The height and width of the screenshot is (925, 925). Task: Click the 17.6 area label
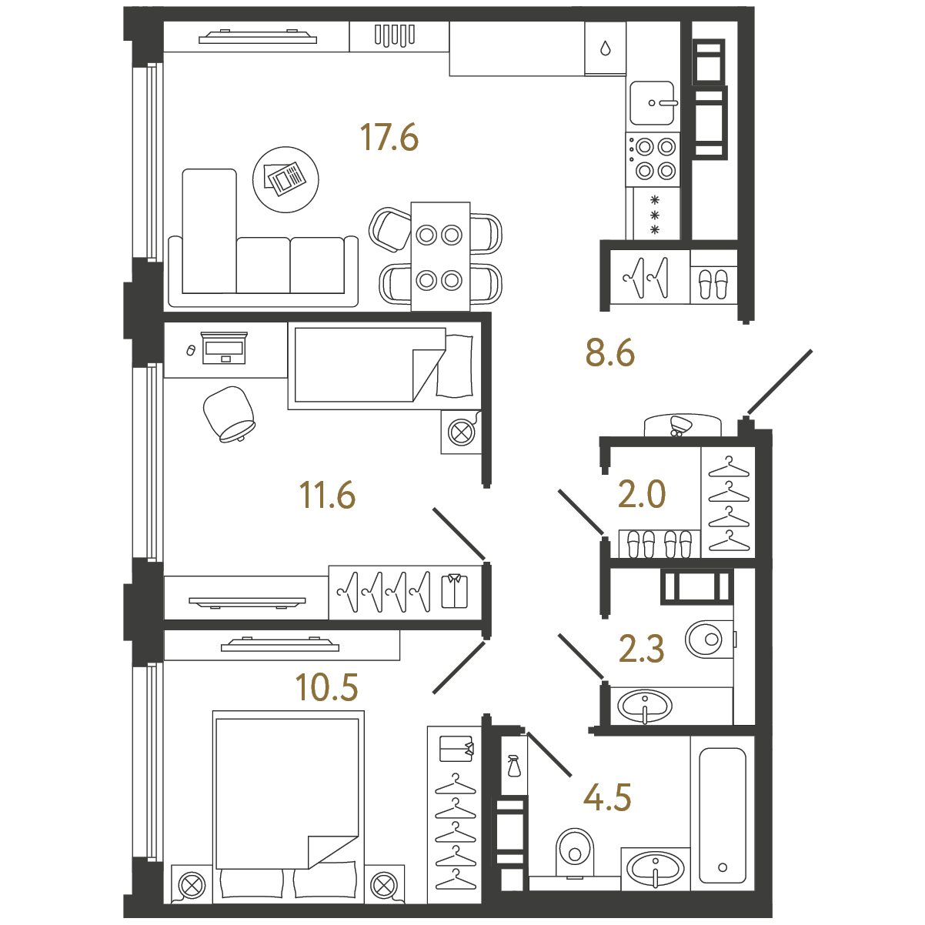point(389,137)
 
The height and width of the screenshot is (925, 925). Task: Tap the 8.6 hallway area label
point(610,352)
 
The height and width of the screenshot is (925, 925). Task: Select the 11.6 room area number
point(327,495)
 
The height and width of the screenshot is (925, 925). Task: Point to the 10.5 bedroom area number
point(327,687)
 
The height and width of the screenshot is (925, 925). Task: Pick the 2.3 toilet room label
point(641,649)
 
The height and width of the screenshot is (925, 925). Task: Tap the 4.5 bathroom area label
point(607,797)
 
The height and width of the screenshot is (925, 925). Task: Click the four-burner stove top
point(653,159)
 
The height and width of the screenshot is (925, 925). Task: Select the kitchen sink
point(653,102)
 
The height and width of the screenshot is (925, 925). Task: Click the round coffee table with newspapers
point(286,179)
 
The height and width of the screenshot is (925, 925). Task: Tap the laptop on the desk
point(225,348)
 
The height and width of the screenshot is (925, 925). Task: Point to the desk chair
point(229,414)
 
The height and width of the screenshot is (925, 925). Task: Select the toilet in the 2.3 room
point(710,639)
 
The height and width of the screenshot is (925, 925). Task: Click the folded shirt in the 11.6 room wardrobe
point(454,590)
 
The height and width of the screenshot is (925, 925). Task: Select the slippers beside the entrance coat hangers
point(713,285)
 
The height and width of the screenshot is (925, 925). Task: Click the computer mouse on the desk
point(191,350)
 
